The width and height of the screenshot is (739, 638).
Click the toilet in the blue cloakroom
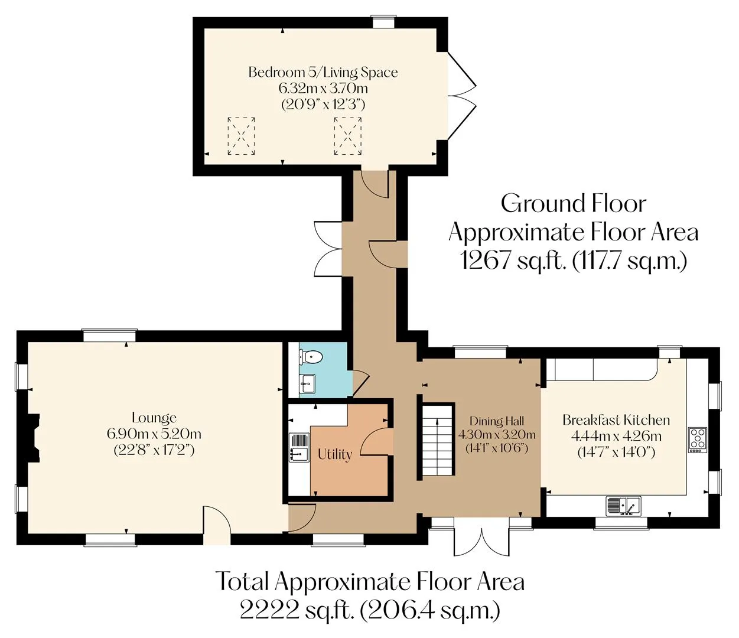coord(311,357)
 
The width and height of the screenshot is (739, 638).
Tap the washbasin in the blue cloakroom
coord(307,384)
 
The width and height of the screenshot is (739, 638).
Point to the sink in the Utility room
coord(299,447)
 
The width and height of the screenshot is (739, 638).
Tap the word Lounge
coord(154,417)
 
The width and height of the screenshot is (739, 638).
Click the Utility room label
coord(335,454)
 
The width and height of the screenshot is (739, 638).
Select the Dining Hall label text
coord(497,421)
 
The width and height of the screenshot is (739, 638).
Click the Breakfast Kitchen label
coord(616,420)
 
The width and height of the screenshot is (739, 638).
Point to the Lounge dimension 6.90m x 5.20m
coord(154,434)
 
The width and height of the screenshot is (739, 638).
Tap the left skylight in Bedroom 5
coord(242,136)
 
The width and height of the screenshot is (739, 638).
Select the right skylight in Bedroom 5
coord(347,136)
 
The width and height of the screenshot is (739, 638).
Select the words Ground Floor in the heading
coord(574,204)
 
